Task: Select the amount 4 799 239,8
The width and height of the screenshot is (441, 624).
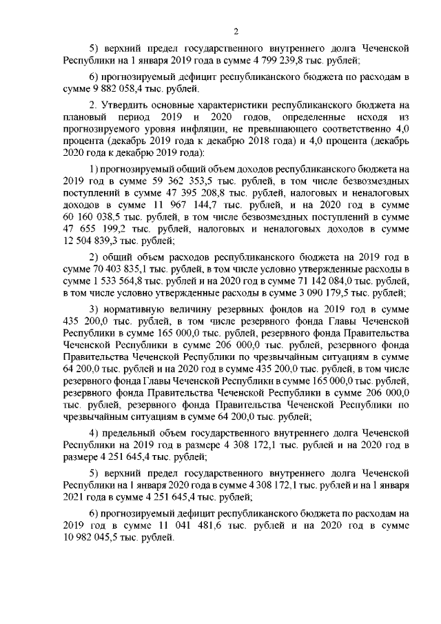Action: coord(245,60)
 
